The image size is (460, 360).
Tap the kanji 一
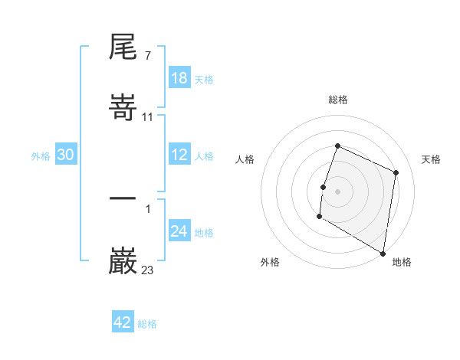(x=123, y=198)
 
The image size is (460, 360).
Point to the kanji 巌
(x=123, y=261)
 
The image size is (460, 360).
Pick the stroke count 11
(x=148, y=117)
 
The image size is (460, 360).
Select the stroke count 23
(x=148, y=270)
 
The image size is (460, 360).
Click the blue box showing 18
(x=179, y=78)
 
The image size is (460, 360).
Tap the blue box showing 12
(x=179, y=155)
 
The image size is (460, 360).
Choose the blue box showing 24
(x=179, y=231)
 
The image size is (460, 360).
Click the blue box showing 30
(x=66, y=155)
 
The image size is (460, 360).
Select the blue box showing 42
(x=123, y=322)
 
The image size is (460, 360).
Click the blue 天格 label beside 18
(x=204, y=80)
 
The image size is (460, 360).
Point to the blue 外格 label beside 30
(x=41, y=156)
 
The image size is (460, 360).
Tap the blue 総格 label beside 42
(x=147, y=324)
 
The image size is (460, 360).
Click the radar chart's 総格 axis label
(x=337, y=100)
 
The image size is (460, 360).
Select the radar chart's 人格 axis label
(x=245, y=159)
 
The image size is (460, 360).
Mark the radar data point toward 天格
(x=396, y=172)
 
